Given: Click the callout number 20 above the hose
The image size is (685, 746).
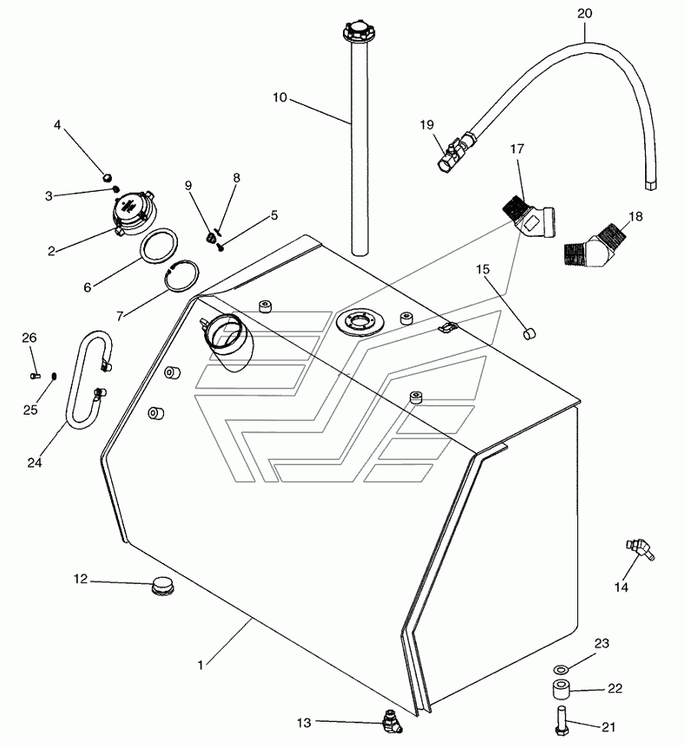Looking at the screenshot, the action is point(584,13).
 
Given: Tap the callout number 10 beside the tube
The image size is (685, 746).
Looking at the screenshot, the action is point(280,97).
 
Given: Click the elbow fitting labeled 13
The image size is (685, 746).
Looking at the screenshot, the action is point(392,723).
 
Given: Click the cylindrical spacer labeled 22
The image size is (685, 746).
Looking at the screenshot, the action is point(562,690).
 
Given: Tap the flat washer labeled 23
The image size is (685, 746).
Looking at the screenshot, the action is point(561,670).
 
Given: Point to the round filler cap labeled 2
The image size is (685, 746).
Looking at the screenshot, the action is point(133,213).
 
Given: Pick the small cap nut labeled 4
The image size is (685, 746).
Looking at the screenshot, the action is point(107,178).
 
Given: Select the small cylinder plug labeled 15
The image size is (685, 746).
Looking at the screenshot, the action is point(529,333).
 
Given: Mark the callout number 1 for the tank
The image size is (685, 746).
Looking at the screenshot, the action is point(201,665).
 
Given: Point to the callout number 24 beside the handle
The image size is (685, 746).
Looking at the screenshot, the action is point(34,462).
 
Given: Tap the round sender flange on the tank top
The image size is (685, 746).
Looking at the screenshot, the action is point(360,322).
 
